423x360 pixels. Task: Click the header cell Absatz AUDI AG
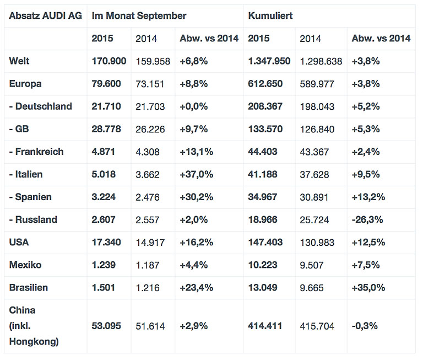click(x=45, y=16)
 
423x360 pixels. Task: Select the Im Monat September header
click(x=139, y=16)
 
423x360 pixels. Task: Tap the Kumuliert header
click(x=270, y=16)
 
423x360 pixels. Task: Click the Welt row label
click(x=19, y=61)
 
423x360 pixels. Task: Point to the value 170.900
click(x=109, y=61)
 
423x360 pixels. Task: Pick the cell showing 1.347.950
click(x=269, y=61)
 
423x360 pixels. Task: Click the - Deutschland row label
click(x=41, y=106)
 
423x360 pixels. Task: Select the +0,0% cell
click(x=193, y=106)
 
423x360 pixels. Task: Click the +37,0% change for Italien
click(x=196, y=174)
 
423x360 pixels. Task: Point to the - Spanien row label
click(x=31, y=197)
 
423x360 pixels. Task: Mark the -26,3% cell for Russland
click(x=367, y=219)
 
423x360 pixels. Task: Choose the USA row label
click(x=19, y=242)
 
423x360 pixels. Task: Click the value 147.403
click(x=265, y=242)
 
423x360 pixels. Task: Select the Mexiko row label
click(x=25, y=265)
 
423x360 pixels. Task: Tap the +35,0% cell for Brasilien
click(x=368, y=287)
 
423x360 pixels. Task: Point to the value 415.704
click(x=317, y=326)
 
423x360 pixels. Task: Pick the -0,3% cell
click(x=364, y=326)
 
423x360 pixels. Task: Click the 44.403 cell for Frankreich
click(x=263, y=152)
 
